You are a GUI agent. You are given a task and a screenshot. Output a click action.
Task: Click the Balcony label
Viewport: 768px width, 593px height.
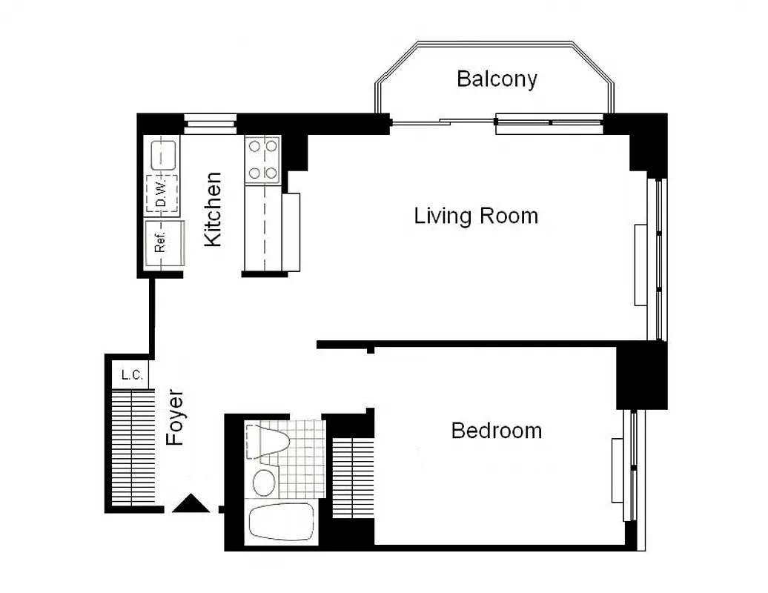click(497, 79)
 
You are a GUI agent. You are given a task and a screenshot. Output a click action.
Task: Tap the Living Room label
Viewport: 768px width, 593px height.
click(476, 216)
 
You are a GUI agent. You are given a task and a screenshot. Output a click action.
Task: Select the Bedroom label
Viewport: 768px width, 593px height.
click(496, 431)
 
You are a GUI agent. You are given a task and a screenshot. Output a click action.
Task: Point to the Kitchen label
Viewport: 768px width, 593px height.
click(213, 209)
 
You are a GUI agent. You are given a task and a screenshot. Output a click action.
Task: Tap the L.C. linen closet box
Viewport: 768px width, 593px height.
click(132, 374)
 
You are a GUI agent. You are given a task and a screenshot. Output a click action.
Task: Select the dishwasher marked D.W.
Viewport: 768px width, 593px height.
click(162, 194)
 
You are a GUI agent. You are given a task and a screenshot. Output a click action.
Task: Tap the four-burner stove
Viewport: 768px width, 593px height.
click(262, 159)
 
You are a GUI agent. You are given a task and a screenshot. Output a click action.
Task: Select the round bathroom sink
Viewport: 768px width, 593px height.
click(263, 483)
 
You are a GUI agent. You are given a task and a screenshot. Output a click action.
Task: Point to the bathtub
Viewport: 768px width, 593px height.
click(281, 523)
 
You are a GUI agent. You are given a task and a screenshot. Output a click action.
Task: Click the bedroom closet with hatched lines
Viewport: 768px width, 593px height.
click(352, 478)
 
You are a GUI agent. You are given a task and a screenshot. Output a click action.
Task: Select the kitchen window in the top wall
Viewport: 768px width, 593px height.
click(210, 123)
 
